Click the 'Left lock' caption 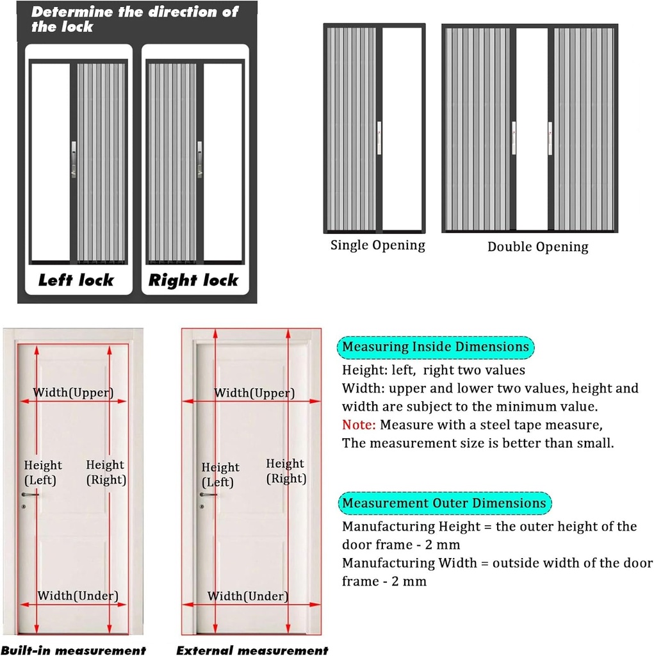[x=76, y=280]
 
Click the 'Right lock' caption [x=193, y=280]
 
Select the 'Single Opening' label [x=377, y=245]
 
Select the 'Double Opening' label [x=537, y=247]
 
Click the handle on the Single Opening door [x=379, y=137]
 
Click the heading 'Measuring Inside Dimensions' [x=436, y=347]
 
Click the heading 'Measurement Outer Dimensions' [x=444, y=503]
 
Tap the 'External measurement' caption [x=252, y=650]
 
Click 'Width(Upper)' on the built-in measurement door [x=73, y=393]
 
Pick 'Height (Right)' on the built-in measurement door [x=106, y=472]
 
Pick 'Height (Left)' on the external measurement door [x=220, y=475]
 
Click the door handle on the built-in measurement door [x=29, y=495]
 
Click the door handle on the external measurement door [x=208, y=494]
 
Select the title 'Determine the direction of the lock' [x=135, y=19]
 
